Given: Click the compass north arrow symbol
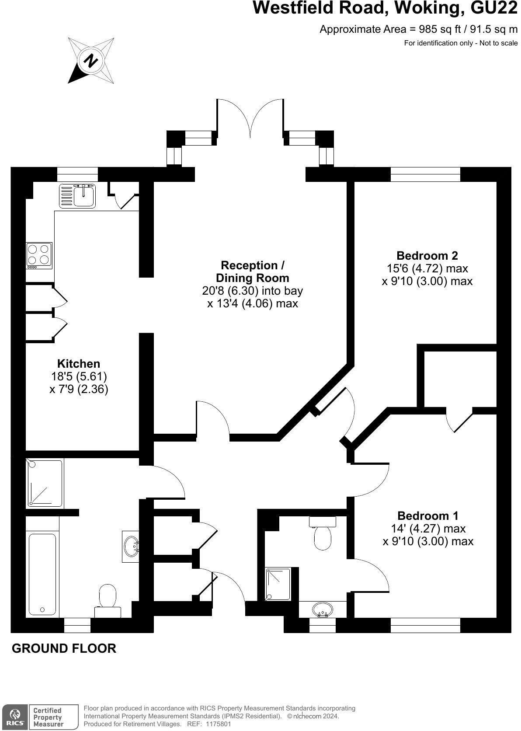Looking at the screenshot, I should (x=90, y=60).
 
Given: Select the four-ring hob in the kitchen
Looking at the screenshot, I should (x=39, y=255).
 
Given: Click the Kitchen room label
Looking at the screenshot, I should (x=79, y=363).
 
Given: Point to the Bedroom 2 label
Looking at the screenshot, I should (x=427, y=255).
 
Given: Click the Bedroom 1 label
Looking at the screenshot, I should (x=428, y=515).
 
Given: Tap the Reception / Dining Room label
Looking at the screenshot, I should (x=253, y=272).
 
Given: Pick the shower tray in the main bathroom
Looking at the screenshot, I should (x=45, y=483).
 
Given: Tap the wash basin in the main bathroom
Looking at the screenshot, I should (x=131, y=546).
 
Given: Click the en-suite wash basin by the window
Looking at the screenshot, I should (x=323, y=609).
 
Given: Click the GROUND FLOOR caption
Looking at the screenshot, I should (x=64, y=648).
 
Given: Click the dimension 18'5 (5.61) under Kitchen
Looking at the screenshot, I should (x=79, y=376).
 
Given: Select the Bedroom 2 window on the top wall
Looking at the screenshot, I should (x=425, y=174).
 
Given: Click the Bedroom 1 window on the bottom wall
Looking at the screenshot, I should (x=425, y=625).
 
